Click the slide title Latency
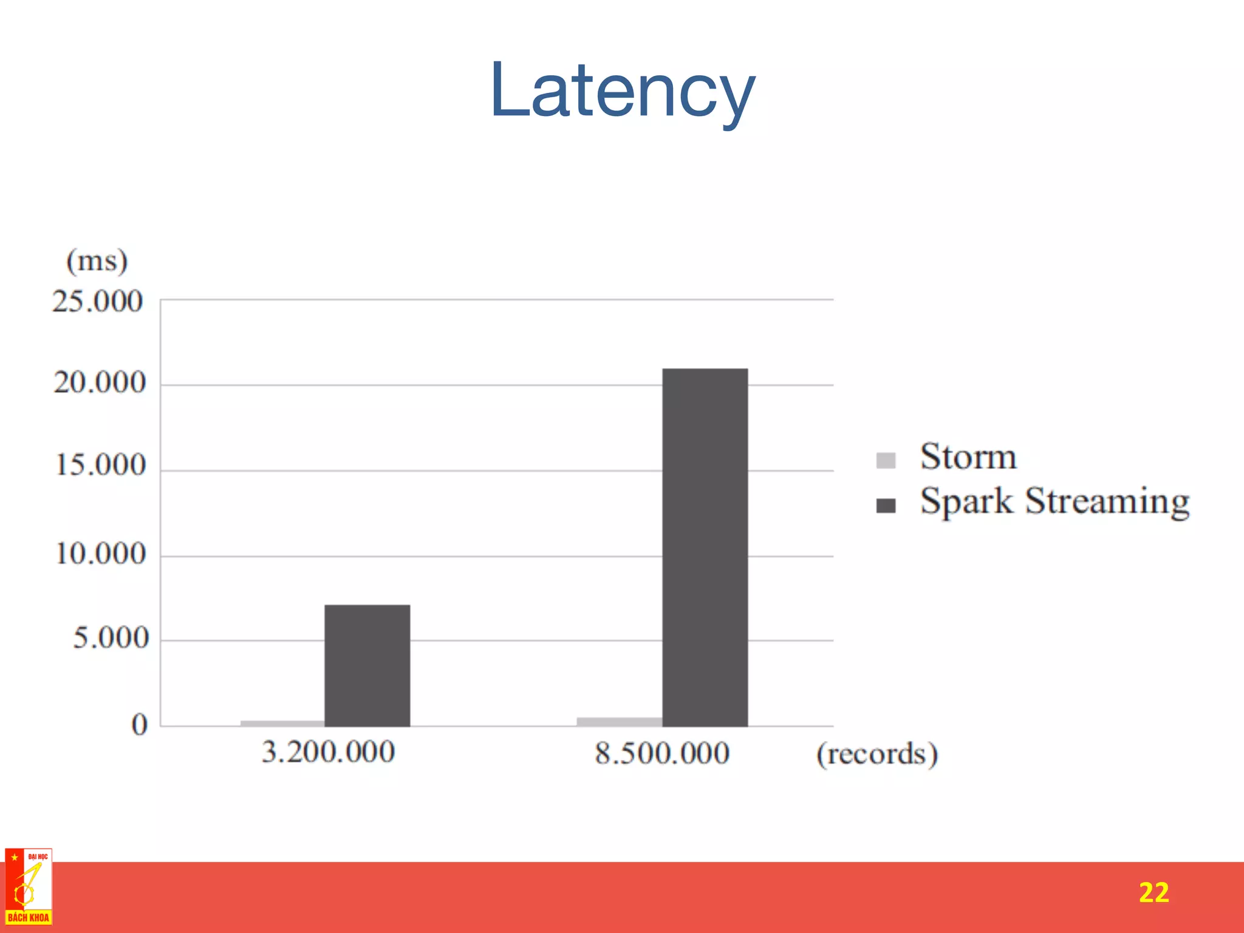click(x=623, y=91)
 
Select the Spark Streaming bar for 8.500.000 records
click(x=705, y=547)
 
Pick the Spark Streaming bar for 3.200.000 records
click(x=367, y=665)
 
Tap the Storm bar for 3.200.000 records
click(x=282, y=723)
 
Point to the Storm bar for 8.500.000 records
click(x=619, y=722)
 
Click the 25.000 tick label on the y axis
click(x=97, y=301)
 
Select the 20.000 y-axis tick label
click(x=100, y=383)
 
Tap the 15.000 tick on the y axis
click(x=101, y=465)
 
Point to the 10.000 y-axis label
click(x=101, y=553)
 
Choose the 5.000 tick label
click(x=111, y=638)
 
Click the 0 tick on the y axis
click(x=139, y=724)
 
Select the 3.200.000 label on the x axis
click(x=328, y=752)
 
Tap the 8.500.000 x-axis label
click(x=662, y=753)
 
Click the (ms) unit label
click(x=97, y=261)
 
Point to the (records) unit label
click(x=877, y=754)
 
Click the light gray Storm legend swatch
click(x=886, y=460)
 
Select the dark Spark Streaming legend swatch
click(x=886, y=505)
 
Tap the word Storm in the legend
click(x=968, y=457)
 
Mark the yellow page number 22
click(x=1153, y=892)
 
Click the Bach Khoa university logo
click(x=28, y=887)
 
